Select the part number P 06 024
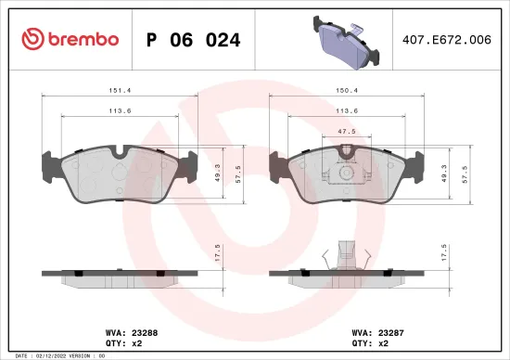point(194,40)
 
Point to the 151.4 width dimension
point(117,91)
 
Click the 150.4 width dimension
point(344,91)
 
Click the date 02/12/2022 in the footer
point(53,355)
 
